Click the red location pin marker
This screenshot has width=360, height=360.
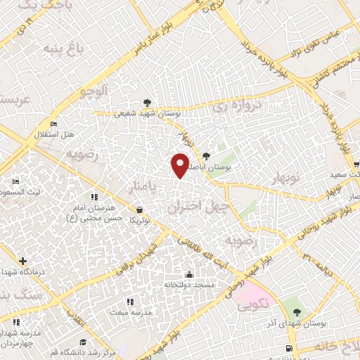[x=180, y=165]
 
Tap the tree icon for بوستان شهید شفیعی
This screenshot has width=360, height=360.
[x=146, y=102]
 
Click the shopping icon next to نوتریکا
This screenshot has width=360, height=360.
[x=139, y=210]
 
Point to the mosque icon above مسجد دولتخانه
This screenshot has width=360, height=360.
[x=188, y=274]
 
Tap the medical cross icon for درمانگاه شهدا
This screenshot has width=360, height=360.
[x=23, y=261]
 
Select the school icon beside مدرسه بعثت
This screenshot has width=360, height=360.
[x=129, y=302]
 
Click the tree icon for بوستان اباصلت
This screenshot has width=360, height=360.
[x=205, y=157]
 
